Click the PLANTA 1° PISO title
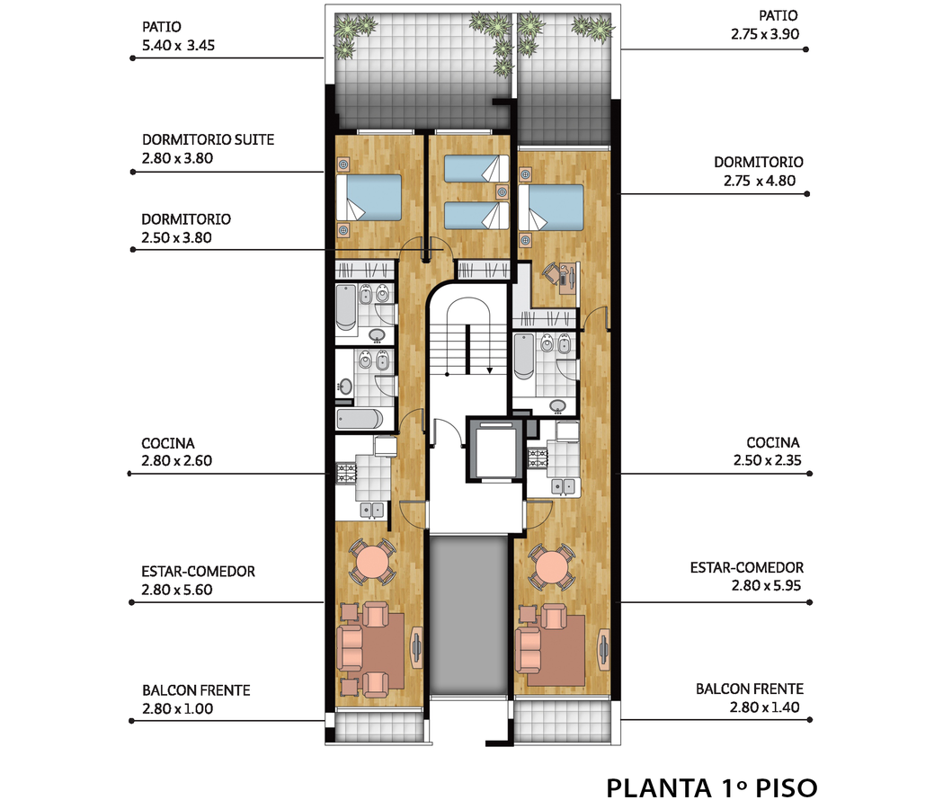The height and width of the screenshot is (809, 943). (711, 788)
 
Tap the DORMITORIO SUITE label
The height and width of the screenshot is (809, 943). (208, 139)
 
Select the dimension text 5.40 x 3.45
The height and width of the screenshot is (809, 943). (178, 45)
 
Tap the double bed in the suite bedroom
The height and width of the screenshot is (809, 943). (369, 197)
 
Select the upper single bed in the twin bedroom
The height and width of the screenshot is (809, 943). (476, 168)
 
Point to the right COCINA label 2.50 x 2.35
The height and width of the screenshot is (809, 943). (768, 451)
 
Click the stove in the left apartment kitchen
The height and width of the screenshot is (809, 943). (346, 474)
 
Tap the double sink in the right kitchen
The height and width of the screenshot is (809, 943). (564, 486)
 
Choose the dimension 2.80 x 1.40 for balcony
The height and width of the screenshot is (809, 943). (764, 707)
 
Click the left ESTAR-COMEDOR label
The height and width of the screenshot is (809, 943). (198, 572)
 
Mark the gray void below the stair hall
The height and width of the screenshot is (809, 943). (469, 614)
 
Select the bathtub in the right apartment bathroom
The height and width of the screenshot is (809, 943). (524, 356)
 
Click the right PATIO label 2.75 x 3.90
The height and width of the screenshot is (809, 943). (766, 24)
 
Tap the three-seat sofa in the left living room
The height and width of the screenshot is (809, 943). (349, 648)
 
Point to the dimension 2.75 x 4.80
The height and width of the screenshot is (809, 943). (759, 181)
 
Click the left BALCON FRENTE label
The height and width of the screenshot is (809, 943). (196, 690)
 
